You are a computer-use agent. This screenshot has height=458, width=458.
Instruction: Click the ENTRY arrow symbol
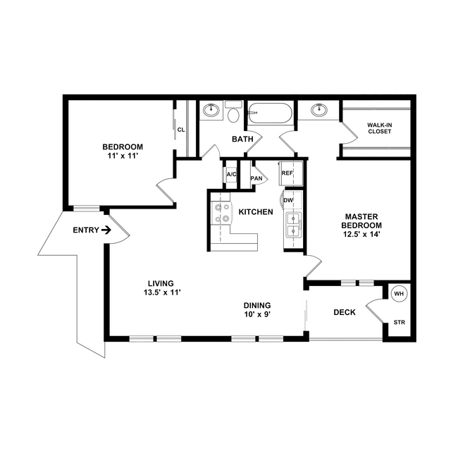tap(106, 230)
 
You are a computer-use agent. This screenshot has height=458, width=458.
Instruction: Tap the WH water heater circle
tap(399, 293)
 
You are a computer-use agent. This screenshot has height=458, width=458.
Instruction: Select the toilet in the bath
tap(233, 112)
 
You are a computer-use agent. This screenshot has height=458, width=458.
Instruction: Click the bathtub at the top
tap(270, 113)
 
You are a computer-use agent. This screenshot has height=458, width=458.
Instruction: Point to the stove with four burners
tap(222, 212)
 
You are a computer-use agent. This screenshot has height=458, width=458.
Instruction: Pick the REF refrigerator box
tap(291, 173)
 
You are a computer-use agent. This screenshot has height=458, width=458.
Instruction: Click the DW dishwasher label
tap(288, 200)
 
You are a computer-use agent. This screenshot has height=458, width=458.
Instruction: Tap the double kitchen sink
tap(293, 225)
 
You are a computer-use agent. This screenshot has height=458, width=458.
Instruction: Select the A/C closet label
tap(232, 174)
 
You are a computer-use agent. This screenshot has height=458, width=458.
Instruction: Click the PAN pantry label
tap(256, 178)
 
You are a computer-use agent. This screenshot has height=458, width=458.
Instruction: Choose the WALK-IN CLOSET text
tap(379, 128)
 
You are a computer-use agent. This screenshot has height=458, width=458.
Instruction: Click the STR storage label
tap(400, 323)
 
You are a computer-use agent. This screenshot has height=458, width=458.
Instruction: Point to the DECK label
tap(345, 312)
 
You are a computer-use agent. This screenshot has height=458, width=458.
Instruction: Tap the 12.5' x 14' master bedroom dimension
tap(361, 234)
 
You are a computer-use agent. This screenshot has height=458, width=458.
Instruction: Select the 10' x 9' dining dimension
tap(257, 314)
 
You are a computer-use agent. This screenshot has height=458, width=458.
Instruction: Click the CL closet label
tap(181, 130)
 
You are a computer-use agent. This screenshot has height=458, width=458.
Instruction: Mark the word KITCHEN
tap(256, 212)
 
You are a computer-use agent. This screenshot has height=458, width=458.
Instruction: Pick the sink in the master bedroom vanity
tap(319, 110)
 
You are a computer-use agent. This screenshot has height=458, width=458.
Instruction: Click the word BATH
tap(242, 139)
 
